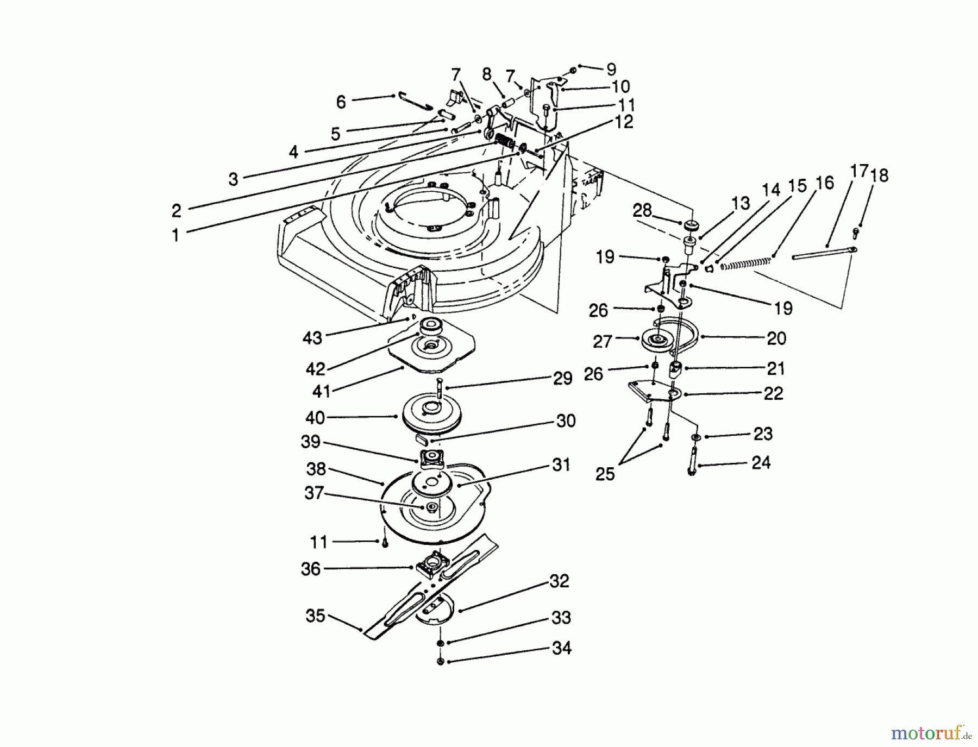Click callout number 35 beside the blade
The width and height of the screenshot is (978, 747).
click(x=315, y=616)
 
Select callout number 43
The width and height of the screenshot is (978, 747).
click(x=312, y=338)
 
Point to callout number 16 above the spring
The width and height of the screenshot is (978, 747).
click(x=824, y=183)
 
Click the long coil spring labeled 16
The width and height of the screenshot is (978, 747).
click(x=744, y=262)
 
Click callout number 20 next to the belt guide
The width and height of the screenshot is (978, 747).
click(x=776, y=338)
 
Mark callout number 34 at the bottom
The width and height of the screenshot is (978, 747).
click(x=561, y=648)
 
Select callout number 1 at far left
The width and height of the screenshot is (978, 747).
click(x=175, y=235)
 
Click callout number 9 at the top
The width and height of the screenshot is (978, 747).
click(x=611, y=69)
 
